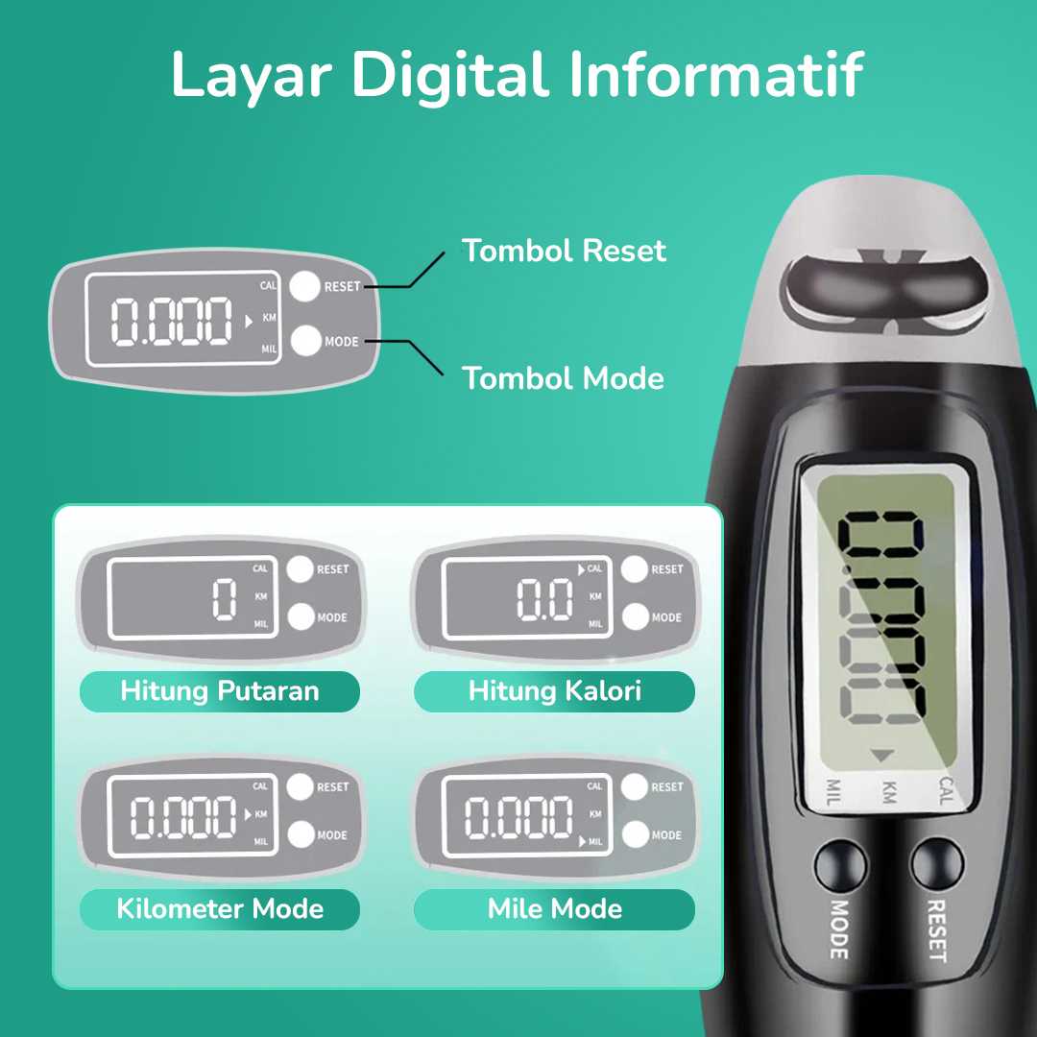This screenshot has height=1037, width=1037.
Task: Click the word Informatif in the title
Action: (715, 74)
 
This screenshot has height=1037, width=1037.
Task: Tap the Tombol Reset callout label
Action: (564, 251)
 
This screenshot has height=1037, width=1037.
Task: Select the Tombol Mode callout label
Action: (563, 378)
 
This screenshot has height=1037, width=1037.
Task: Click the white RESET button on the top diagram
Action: (305, 286)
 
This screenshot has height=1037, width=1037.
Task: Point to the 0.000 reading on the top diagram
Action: (171, 322)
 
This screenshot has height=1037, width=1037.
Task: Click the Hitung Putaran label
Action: (220, 691)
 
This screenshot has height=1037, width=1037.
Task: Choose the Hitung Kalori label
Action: (554, 691)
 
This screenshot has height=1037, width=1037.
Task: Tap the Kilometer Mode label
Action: (220, 908)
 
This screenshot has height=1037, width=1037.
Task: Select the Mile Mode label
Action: (554, 908)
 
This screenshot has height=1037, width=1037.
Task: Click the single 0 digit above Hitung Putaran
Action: (224, 599)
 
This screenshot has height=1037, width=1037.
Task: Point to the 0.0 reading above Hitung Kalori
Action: (544, 599)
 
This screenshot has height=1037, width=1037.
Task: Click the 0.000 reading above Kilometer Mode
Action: (183, 817)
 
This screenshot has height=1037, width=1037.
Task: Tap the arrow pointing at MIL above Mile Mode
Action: (583, 842)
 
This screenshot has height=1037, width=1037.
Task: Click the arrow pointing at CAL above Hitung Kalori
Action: (582, 569)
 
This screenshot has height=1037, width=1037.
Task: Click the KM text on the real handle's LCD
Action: (889, 791)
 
